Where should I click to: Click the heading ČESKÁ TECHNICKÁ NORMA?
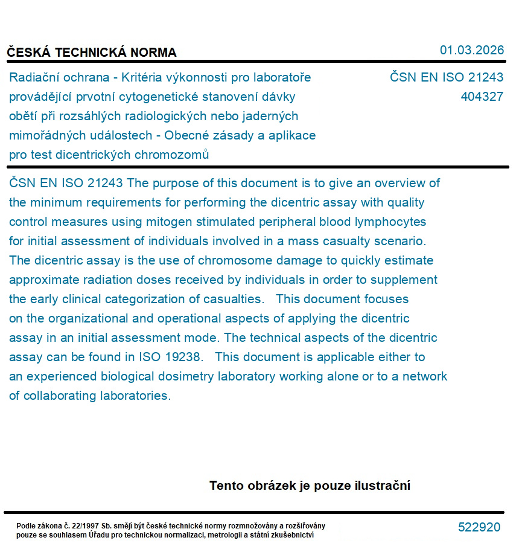point(92,53)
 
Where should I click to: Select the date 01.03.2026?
point(471,50)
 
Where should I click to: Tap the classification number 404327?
point(482,97)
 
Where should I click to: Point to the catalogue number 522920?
point(479,527)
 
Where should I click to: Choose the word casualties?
point(232,299)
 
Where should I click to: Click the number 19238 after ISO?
point(183,357)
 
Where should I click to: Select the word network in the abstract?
point(425,376)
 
